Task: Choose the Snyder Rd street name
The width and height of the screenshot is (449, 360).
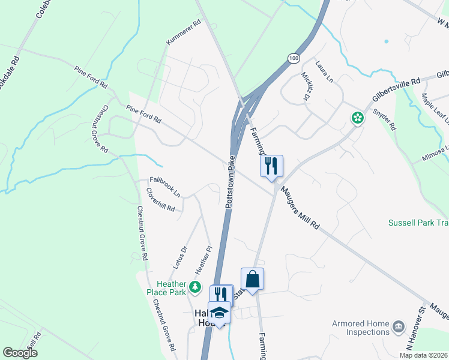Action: pos(384,119)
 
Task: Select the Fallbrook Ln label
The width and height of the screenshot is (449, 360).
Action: pos(165,186)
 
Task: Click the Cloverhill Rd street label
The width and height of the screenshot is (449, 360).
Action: pos(160,200)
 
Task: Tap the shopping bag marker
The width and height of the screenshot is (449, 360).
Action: pos(252,279)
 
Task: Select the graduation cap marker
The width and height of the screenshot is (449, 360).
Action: pos(220,313)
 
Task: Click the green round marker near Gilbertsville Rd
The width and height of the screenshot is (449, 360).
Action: pos(358,118)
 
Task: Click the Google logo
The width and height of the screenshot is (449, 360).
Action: pos(20,353)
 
